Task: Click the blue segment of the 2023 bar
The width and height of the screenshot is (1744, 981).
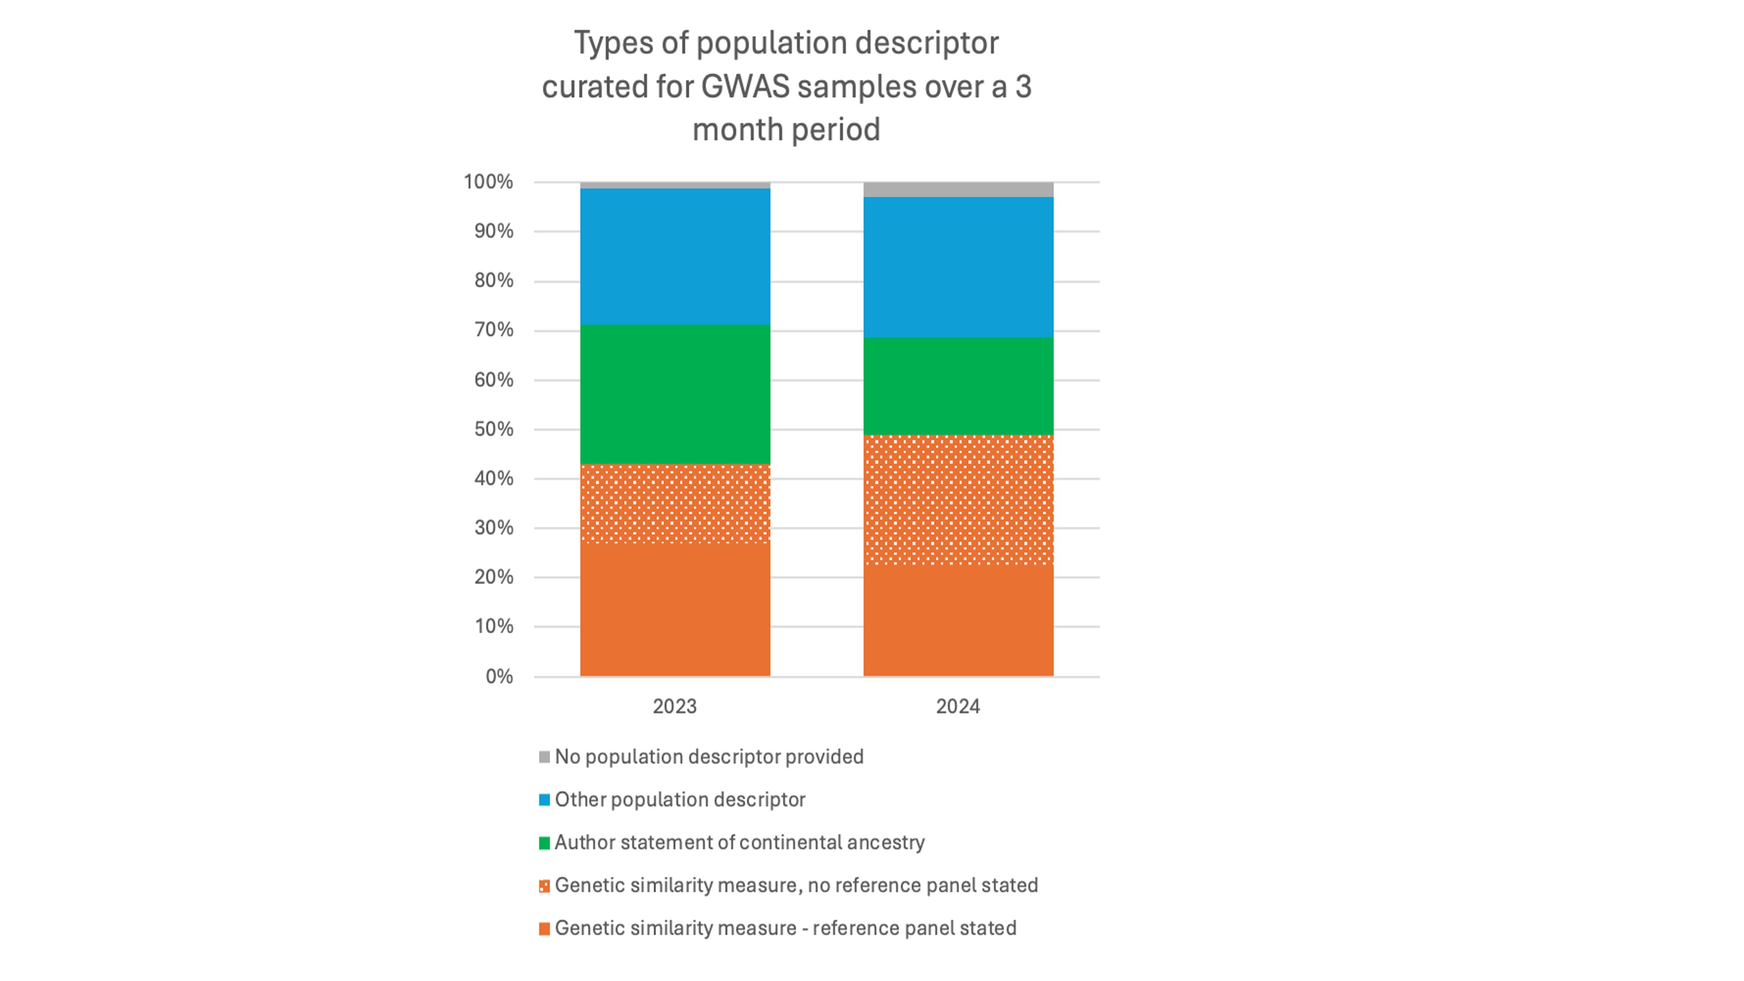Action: (x=675, y=257)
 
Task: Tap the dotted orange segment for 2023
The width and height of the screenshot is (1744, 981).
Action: (x=675, y=503)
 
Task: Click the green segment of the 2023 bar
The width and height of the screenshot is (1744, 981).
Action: (x=675, y=395)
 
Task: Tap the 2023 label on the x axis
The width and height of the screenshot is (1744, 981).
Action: (x=674, y=706)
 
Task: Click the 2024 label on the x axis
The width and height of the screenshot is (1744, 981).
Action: (x=958, y=706)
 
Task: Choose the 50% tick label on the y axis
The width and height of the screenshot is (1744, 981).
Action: (x=494, y=429)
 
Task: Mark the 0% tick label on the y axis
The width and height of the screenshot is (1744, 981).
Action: (x=499, y=676)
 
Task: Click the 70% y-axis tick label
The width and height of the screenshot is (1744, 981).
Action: (x=494, y=330)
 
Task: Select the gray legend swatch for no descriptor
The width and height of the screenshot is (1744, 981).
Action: (x=544, y=757)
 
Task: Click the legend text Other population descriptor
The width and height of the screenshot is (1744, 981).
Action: (x=680, y=800)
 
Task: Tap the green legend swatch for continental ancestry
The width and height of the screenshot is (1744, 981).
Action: (x=544, y=843)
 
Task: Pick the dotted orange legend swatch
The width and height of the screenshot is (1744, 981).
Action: (x=544, y=886)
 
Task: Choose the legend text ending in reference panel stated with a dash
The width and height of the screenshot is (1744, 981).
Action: (x=785, y=928)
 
